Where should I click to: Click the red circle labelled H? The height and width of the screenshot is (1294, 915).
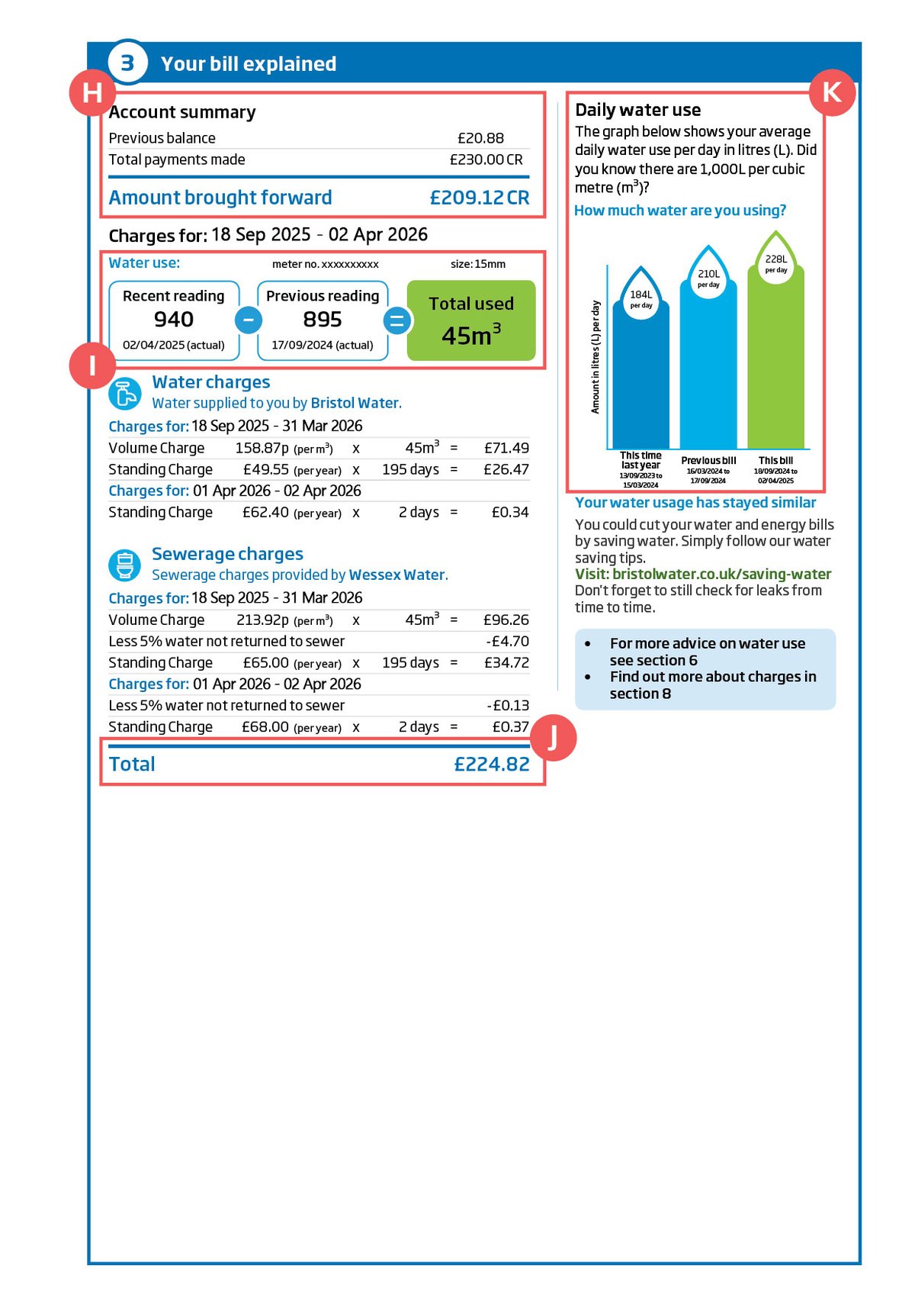92,93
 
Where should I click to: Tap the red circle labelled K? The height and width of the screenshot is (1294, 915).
832,93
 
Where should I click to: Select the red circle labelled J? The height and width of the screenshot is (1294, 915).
553,738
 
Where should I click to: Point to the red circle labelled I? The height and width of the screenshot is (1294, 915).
92,366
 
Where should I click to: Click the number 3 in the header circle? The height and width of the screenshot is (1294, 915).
127,63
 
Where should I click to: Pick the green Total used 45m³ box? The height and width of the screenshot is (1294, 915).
471,320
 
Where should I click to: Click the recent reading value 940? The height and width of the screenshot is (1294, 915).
174,319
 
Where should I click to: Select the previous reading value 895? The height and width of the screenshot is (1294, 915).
323,319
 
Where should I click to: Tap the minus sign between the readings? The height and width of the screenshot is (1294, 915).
249,320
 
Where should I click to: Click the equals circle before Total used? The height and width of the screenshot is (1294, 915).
396,321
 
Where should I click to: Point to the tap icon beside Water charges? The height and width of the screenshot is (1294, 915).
124,394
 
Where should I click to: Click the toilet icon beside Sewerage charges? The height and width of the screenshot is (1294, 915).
124,565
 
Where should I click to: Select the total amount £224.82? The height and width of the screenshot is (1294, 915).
492,764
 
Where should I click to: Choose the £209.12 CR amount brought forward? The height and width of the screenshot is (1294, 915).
479,198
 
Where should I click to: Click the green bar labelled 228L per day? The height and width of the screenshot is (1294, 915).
775,359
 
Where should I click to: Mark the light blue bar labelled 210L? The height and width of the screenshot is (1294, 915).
708,366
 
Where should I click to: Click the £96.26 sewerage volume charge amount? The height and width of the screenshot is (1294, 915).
506,620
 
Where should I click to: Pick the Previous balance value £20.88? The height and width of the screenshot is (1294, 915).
480,138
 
